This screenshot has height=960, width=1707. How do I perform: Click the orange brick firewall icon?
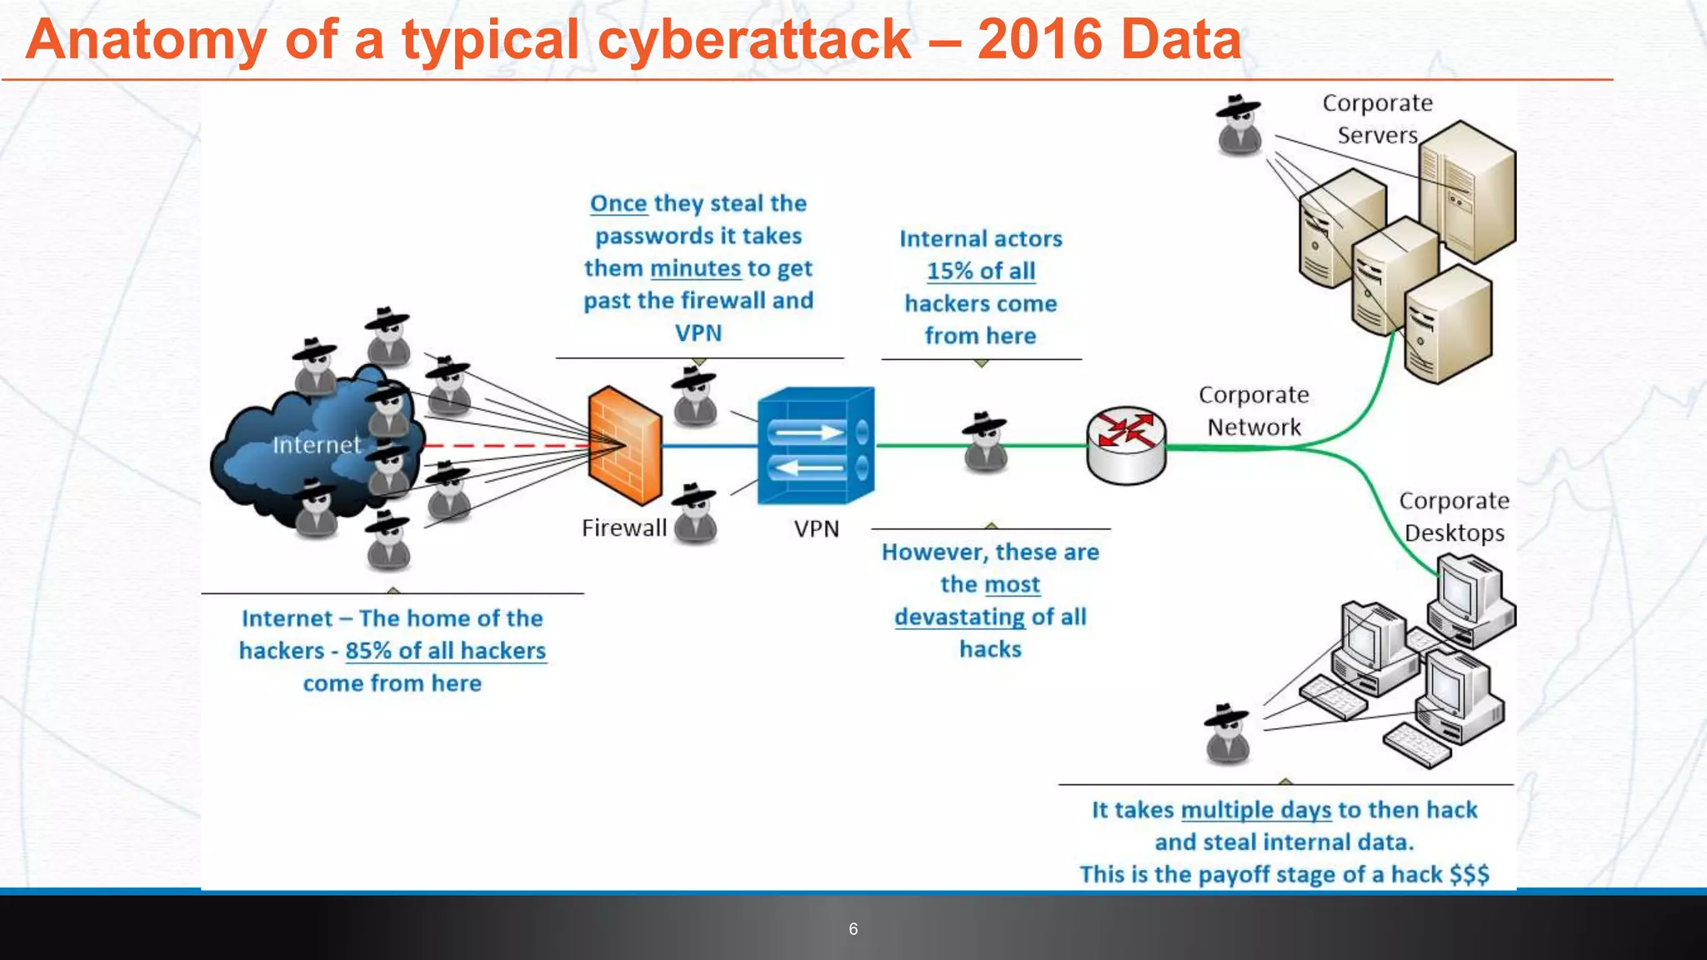[x=624, y=446]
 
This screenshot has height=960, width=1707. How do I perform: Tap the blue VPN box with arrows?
[x=815, y=446]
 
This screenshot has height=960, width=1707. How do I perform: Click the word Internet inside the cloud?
[x=317, y=445]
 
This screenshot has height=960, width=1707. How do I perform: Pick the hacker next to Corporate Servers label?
[x=1239, y=125]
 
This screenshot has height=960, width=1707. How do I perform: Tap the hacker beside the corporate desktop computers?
[x=1228, y=733]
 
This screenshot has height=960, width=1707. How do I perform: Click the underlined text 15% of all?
[x=981, y=271]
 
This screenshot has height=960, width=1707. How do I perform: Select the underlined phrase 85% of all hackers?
[x=445, y=651]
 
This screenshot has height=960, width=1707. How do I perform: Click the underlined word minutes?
[x=695, y=268]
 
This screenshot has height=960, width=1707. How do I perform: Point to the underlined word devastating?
[x=959, y=617]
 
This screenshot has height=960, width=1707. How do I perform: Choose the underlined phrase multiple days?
[x=1256, y=810]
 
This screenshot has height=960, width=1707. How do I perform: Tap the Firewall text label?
[x=623, y=528]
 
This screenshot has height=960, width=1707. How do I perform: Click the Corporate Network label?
[x=1254, y=411]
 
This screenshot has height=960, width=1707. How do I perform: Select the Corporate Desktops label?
[x=1454, y=517]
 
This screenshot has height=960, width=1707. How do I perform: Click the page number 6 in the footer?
[x=853, y=929]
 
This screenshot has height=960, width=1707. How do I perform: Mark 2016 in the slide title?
[x=1040, y=39]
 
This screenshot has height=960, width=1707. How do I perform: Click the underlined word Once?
[x=618, y=203]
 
